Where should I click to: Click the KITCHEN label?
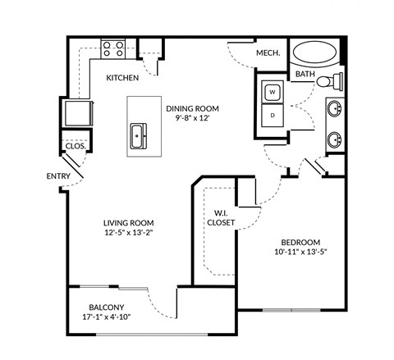[122, 78]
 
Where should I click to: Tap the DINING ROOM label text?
[193, 108]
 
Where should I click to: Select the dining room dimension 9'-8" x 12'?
[193, 119]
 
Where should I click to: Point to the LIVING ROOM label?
[129, 222]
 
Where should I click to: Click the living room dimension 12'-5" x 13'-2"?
[129, 233]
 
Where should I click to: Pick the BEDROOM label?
[300, 242]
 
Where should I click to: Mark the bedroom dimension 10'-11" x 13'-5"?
[300, 253]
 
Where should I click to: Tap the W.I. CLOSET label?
[220, 216]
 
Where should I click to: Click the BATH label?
[305, 75]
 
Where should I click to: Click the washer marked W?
[272, 93]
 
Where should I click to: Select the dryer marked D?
[272, 116]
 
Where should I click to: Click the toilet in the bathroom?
[330, 80]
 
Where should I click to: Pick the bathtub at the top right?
[315, 53]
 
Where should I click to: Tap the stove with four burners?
[112, 49]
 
